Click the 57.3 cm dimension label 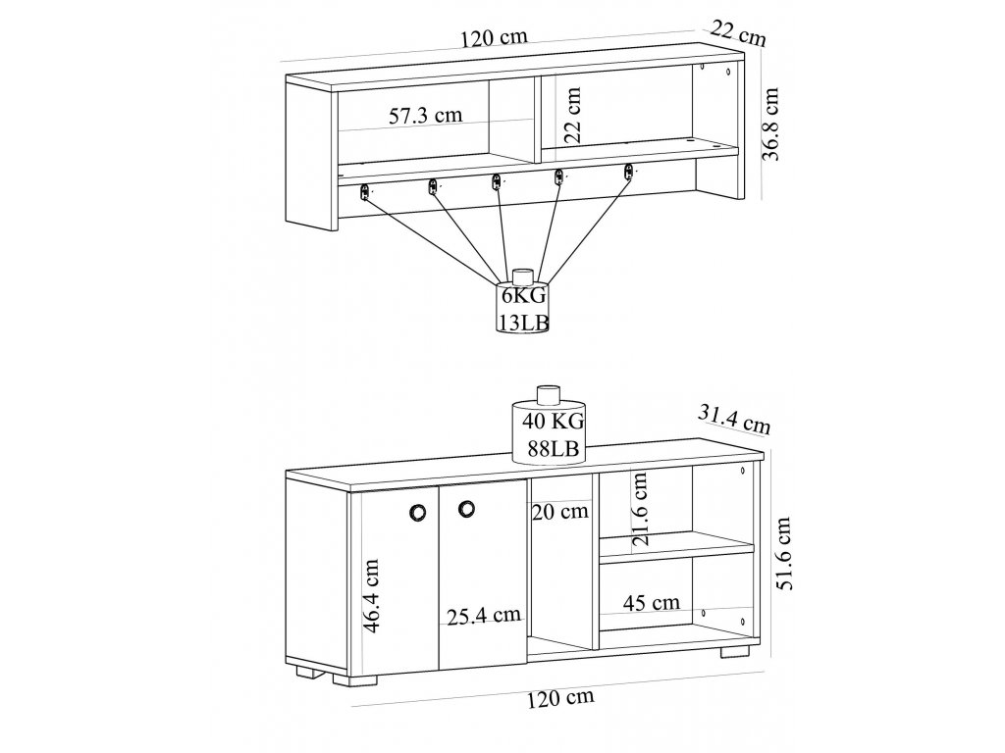click(425, 116)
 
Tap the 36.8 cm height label click(772, 124)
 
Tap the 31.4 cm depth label click(732, 420)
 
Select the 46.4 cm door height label click(372, 597)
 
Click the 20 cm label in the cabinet click(561, 510)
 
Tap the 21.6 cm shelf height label click(641, 509)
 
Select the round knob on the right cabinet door click(465, 506)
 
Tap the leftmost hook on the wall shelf click(364, 191)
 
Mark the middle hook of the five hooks click(497, 181)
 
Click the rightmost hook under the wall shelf click(629, 174)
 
